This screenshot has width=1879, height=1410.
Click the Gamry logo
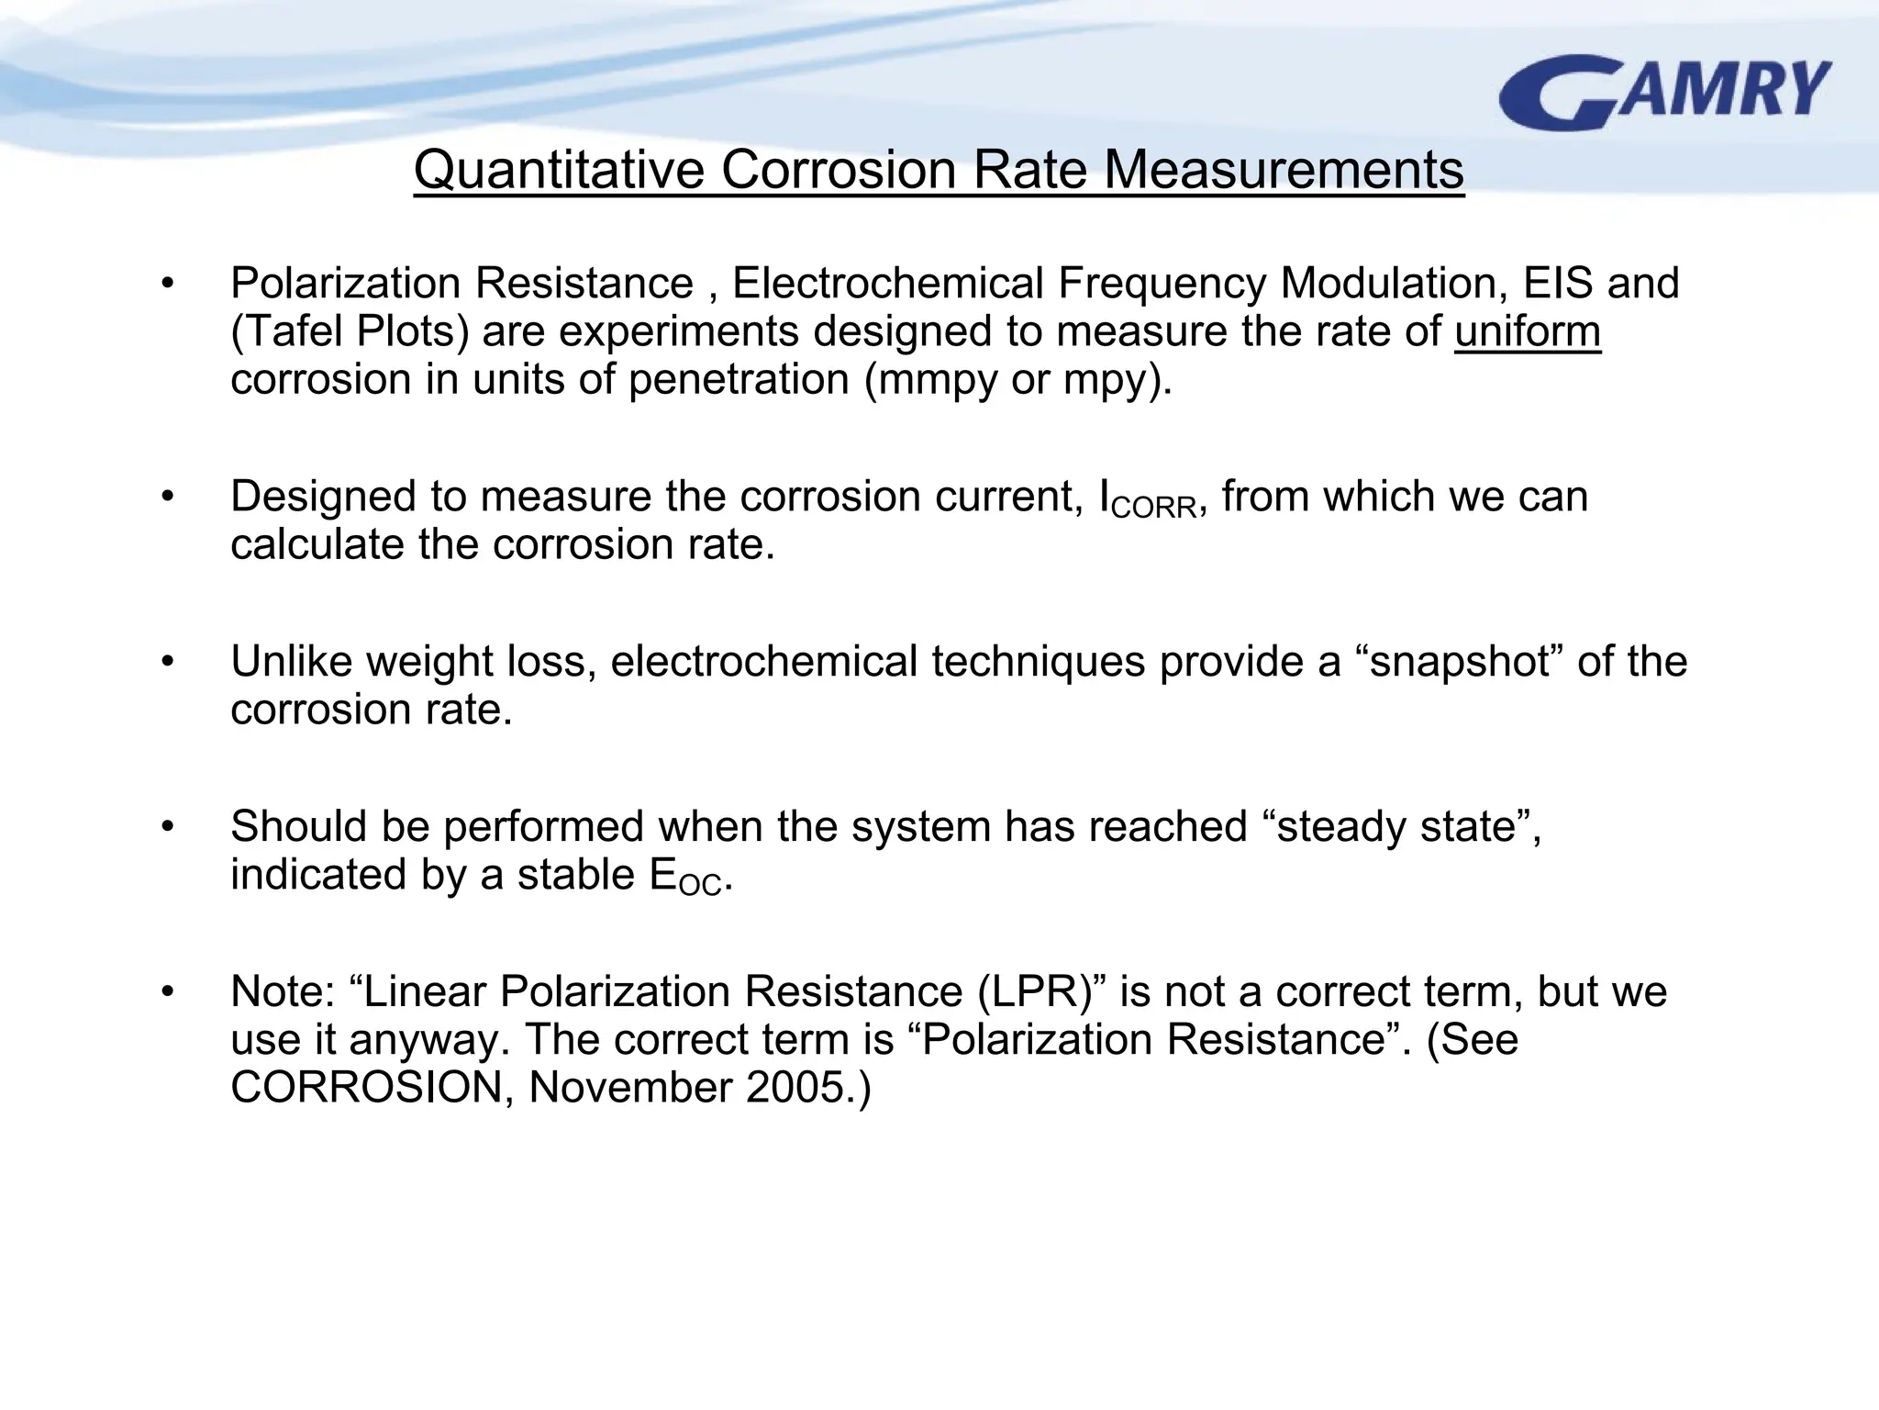(1664, 92)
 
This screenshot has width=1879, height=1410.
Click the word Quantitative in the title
(560, 171)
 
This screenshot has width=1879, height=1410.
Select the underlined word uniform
(1527, 331)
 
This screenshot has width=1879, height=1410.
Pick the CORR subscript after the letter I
(1153, 508)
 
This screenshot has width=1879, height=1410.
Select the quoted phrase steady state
(1395, 827)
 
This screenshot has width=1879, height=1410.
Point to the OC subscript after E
(701, 886)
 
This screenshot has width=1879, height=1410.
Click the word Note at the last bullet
(281, 992)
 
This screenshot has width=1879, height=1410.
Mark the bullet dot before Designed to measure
(166, 498)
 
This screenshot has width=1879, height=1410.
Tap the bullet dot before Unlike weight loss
(166, 662)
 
